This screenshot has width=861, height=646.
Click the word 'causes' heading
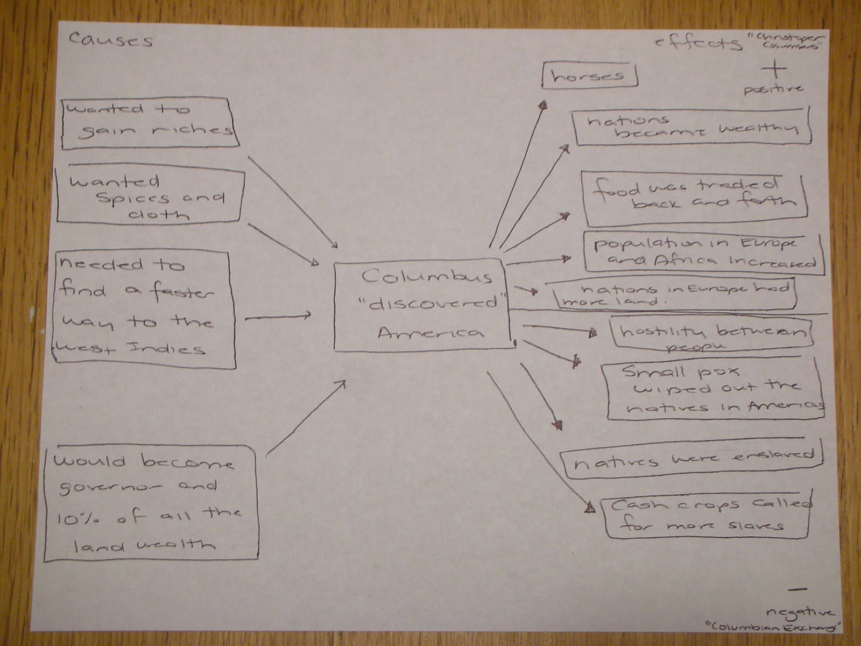tap(111, 41)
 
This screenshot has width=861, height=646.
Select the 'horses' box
tap(589, 76)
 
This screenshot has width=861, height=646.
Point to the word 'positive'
tap(773, 89)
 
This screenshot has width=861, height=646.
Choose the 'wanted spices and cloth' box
tap(151, 197)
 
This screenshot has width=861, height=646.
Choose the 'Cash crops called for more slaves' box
tap(708, 516)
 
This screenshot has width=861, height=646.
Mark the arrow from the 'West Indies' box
tap(278, 317)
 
